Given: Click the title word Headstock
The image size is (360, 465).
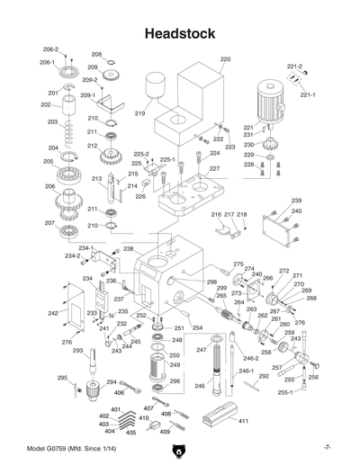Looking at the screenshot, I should click(x=179, y=33).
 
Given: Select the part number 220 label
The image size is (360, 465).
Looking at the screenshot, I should click(x=225, y=60).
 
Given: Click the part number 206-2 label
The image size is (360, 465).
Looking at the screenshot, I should click(x=50, y=49).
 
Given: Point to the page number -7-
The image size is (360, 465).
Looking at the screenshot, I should click(x=328, y=448).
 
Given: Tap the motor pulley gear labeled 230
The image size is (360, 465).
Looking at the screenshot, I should click(x=270, y=145).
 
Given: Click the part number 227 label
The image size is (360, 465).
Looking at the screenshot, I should click(x=213, y=168).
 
